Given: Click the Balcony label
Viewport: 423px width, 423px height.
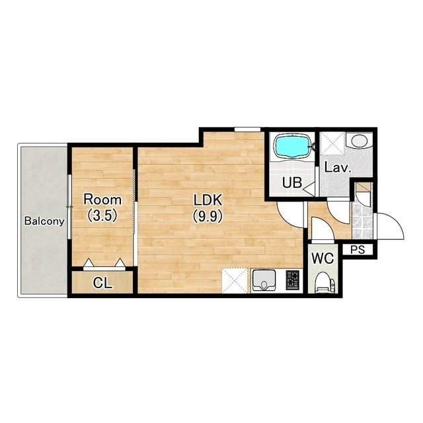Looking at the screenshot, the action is pyautogui.click(x=44, y=221).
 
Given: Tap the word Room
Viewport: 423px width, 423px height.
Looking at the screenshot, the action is pyautogui.click(x=102, y=200).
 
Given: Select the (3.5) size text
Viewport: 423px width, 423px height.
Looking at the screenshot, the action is pyautogui.click(x=102, y=215).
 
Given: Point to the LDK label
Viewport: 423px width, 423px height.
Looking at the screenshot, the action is pyautogui.click(x=208, y=200).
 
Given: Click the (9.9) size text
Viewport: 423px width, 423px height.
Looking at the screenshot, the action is pyautogui.click(x=208, y=216).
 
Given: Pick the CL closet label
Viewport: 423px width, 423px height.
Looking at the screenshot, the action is pyautogui.click(x=102, y=283).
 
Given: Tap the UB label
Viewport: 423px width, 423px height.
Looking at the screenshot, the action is pyautogui.click(x=292, y=182).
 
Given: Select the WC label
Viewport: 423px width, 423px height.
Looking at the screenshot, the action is pyautogui.click(x=323, y=258).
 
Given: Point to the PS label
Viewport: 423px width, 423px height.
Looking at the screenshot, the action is pyautogui.click(x=358, y=250).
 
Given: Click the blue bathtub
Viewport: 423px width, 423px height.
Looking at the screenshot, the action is pyautogui.click(x=292, y=147).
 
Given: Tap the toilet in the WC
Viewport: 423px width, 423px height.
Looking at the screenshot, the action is pyautogui.click(x=325, y=282).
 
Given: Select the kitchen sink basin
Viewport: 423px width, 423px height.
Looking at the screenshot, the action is pyautogui.click(x=264, y=280).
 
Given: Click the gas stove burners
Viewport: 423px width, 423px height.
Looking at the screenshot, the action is pyautogui.click(x=293, y=280).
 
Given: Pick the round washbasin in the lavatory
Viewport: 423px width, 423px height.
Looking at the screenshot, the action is pyautogui.click(x=358, y=141).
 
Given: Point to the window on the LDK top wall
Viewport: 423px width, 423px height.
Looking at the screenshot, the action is pyautogui.click(x=247, y=130).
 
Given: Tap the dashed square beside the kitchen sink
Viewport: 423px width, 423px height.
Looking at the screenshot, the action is pyautogui.click(x=235, y=280).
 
